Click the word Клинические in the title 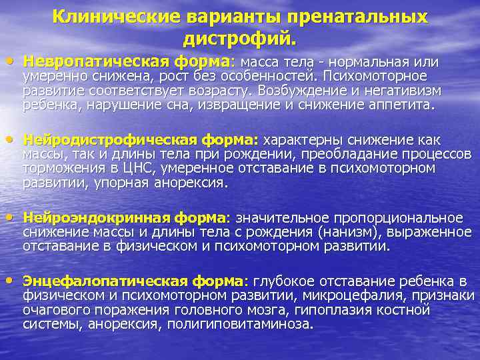click(x=109, y=17)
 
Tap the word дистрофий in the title click(x=237, y=39)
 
